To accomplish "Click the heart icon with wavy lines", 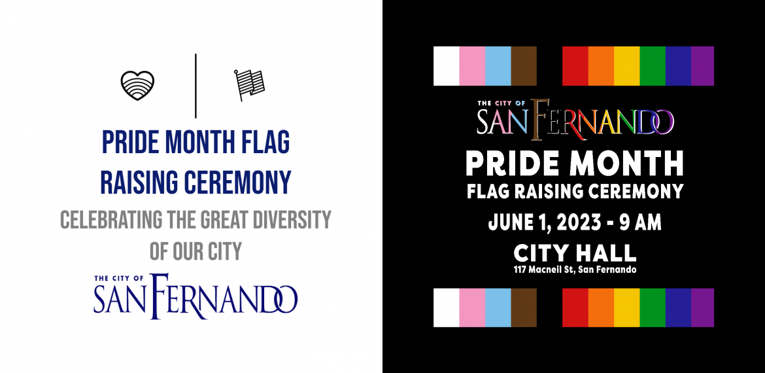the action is pyautogui.click(x=137, y=86).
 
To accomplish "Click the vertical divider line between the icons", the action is pyautogui.click(x=195, y=86).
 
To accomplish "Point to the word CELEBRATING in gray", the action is pyautogui.click(x=112, y=220).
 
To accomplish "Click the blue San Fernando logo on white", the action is pyautogui.click(x=195, y=296).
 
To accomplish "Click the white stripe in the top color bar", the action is pyautogui.click(x=447, y=66).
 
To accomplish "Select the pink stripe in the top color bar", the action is pyautogui.click(x=472, y=66).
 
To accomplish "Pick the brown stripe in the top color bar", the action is pyautogui.click(x=524, y=66).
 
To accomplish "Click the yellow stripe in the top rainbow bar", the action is pyautogui.click(x=626, y=66).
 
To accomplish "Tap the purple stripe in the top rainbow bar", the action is pyautogui.click(x=702, y=66).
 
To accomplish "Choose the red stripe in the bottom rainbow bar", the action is pyautogui.click(x=575, y=308).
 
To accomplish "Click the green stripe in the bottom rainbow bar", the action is pyautogui.click(x=653, y=308).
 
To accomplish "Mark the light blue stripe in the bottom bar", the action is pyautogui.click(x=498, y=308).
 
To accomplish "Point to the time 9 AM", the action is pyautogui.click(x=641, y=222).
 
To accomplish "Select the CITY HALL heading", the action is pyautogui.click(x=575, y=253).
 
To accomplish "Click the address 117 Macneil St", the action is pyautogui.click(x=543, y=270).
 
